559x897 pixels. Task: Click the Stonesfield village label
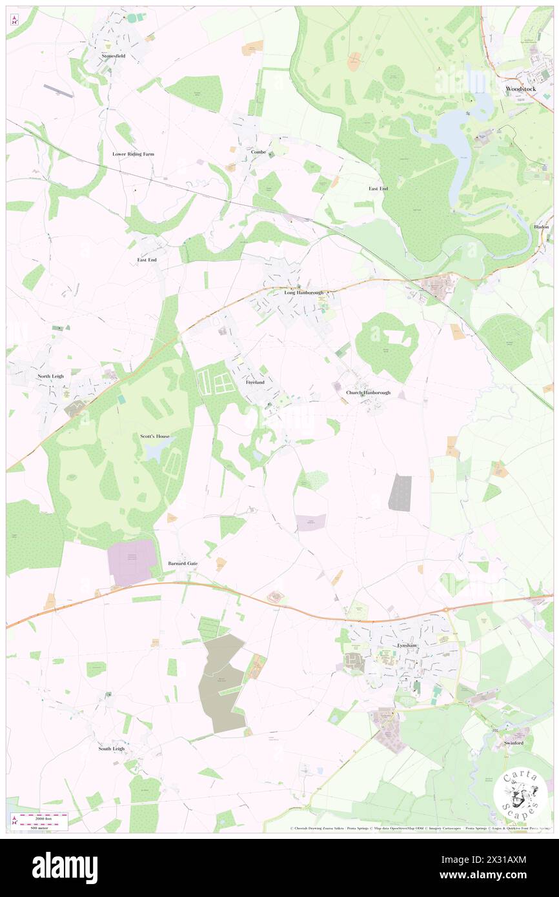(x=113, y=56)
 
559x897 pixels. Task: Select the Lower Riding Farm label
(x=134, y=154)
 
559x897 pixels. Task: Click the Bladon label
(x=541, y=227)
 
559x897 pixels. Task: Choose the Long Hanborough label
(x=303, y=292)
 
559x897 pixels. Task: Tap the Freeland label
(x=255, y=383)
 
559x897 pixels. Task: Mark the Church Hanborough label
(x=368, y=392)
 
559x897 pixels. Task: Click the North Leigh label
(x=52, y=376)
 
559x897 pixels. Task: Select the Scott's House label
(x=155, y=436)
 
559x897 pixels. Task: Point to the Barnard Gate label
(x=183, y=563)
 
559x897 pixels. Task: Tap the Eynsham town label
(x=407, y=645)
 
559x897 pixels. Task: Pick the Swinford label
(x=514, y=743)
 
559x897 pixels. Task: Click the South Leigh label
(x=111, y=749)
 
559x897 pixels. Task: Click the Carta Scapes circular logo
(x=520, y=793)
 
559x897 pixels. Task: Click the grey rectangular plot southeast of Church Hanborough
(x=400, y=493)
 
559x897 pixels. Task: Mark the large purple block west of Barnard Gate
(x=132, y=561)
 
